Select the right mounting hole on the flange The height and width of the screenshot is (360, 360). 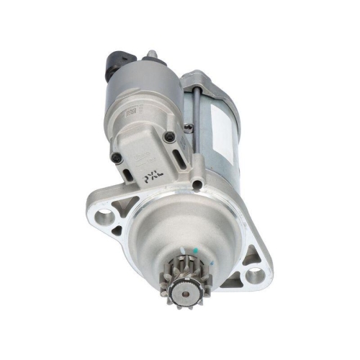(x=255, y=274)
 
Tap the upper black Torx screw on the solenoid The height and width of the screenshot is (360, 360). (x=169, y=136)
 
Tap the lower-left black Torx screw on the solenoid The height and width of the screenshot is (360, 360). (x=114, y=157)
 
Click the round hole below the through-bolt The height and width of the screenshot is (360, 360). (x=197, y=186)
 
